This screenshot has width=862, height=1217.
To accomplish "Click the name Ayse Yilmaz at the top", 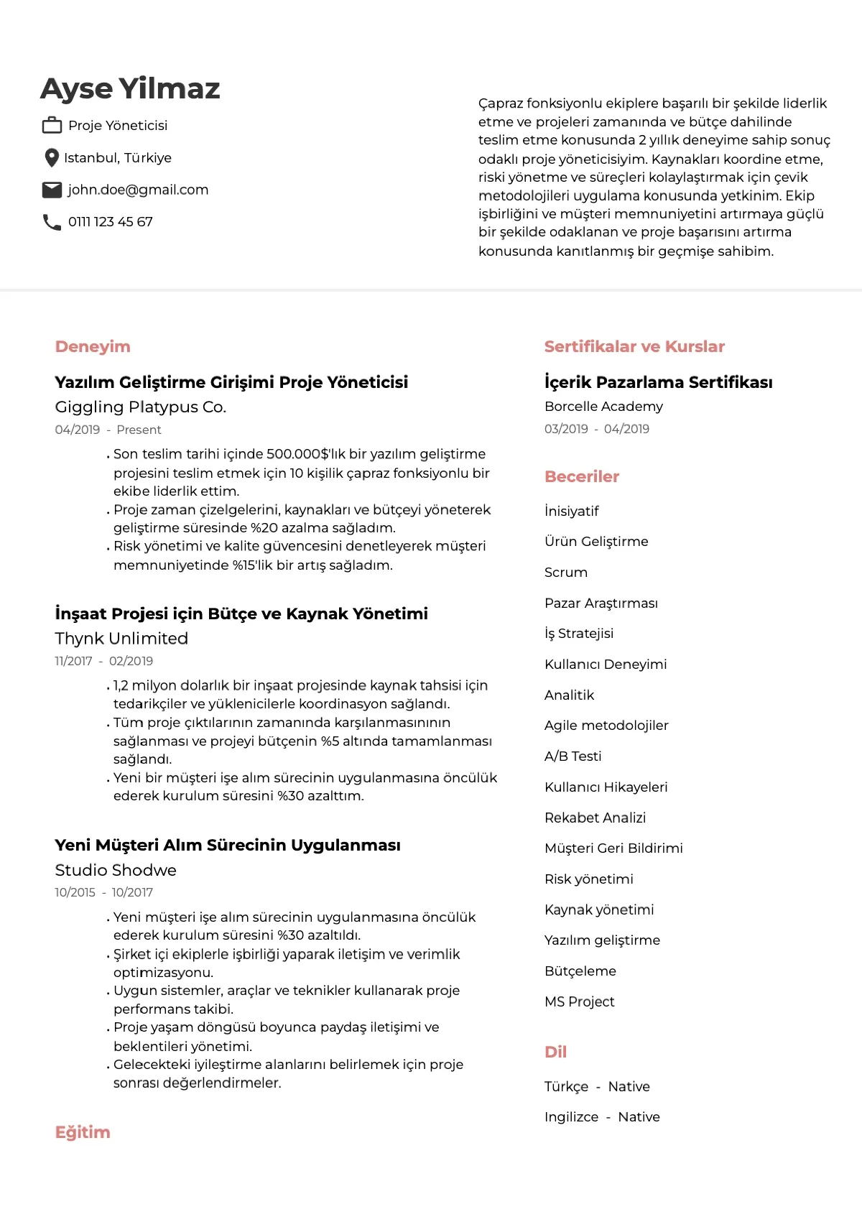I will pyautogui.click(x=130, y=88).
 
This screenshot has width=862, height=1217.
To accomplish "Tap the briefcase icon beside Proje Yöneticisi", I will pyautogui.click(x=52, y=125).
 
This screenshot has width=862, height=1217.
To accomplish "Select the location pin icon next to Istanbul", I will pyautogui.click(x=51, y=157).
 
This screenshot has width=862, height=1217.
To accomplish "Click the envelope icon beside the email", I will pyautogui.click(x=52, y=190).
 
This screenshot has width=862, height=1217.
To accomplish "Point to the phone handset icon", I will pyautogui.click(x=52, y=222).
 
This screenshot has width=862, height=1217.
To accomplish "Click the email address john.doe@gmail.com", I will pyautogui.click(x=138, y=190).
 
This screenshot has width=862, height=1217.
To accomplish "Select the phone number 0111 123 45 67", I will pyautogui.click(x=111, y=222).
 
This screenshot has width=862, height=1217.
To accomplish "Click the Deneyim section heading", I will pyautogui.click(x=93, y=346).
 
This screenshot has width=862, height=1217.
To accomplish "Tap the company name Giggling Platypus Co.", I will pyautogui.click(x=141, y=407).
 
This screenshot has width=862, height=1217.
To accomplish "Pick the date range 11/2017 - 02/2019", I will pyautogui.click(x=104, y=661).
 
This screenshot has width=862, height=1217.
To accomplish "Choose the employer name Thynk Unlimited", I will pyautogui.click(x=121, y=639).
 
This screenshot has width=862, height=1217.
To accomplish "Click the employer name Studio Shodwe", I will pyautogui.click(x=116, y=870).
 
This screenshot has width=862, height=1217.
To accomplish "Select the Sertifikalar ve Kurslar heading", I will pyautogui.click(x=634, y=346).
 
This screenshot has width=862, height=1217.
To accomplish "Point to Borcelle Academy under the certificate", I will pyautogui.click(x=603, y=406).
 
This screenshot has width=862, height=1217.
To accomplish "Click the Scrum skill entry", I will pyautogui.click(x=566, y=573).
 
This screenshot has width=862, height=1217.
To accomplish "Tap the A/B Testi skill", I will pyautogui.click(x=573, y=756).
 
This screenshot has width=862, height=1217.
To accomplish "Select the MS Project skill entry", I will pyautogui.click(x=580, y=1001).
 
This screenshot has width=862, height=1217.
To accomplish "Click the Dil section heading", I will pyautogui.click(x=556, y=1052).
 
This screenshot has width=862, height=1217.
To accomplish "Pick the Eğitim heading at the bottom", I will pyautogui.click(x=83, y=1132).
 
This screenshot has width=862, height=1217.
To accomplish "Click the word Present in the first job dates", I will pyautogui.click(x=139, y=430).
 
